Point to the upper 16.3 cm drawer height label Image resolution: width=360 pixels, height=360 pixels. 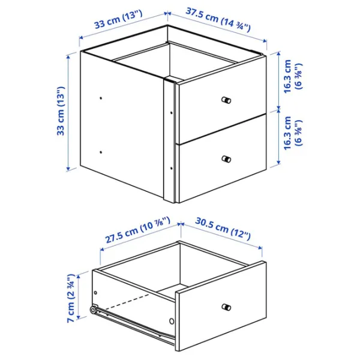click(293, 77)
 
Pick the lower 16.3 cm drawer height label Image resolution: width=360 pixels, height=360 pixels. click(293, 133)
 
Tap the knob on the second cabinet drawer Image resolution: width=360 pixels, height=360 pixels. click(226, 159)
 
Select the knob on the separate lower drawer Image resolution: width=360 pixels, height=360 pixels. click(226, 307)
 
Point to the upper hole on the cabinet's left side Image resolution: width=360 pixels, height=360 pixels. click(100, 97)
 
